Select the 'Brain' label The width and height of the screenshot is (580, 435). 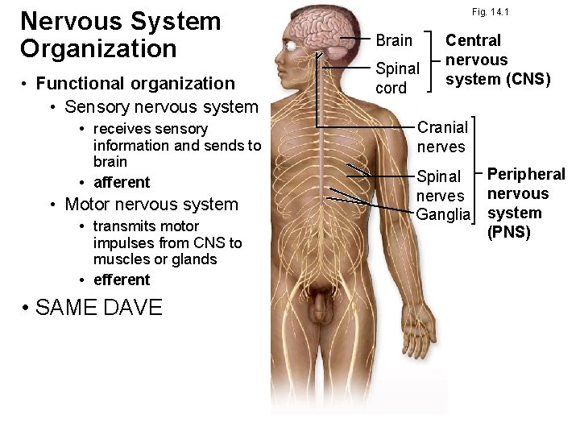[395, 40]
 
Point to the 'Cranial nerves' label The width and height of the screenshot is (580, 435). [441, 136]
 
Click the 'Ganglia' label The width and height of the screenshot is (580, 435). [442, 214]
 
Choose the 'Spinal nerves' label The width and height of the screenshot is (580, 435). [440, 186]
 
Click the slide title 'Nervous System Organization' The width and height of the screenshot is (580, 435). [119, 34]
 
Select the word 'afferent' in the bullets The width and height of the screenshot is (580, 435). [122, 182]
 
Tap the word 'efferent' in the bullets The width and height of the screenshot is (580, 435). [122, 280]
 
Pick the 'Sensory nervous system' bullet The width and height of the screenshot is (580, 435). [161, 106]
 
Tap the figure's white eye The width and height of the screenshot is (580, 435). [288, 46]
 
